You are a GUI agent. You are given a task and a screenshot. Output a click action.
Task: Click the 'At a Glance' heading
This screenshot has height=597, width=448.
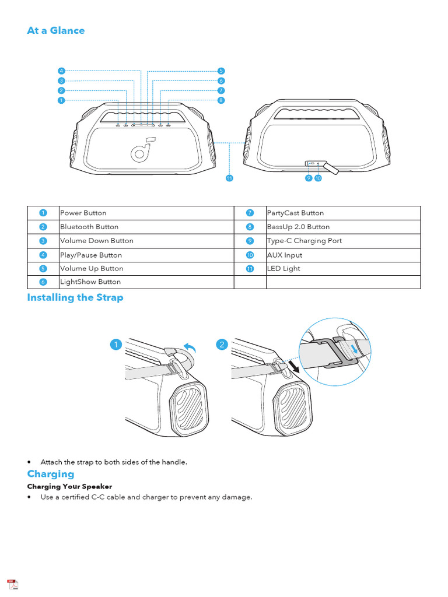click(x=56, y=30)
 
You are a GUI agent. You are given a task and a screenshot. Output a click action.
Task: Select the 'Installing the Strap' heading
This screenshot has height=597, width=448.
click(x=75, y=297)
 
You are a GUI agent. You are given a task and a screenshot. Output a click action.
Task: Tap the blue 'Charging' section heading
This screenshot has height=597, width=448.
click(x=51, y=474)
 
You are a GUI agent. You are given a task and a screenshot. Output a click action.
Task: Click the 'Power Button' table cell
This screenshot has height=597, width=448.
click(x=83, y=213)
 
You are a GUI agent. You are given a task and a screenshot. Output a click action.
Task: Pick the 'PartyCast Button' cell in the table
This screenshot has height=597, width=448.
click(x=295, y=213)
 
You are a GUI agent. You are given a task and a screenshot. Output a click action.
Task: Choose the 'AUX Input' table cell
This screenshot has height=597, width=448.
click(x=285, y=255)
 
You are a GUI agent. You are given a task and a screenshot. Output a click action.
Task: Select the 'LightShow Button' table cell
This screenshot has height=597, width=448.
click(x=90, y=282)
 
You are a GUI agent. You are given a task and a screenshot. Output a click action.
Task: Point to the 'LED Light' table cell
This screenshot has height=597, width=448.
click(x=283, y=269)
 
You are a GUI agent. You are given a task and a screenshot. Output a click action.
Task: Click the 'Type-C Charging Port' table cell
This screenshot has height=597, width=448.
click(x=304, y=241)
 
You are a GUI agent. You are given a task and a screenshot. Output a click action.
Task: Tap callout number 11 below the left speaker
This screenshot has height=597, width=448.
click(x=229, y=178)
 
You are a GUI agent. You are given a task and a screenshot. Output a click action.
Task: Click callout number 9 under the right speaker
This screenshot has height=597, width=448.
click(x=309, y=178)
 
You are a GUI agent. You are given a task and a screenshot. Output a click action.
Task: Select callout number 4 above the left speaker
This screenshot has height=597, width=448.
click(x=61, y=71)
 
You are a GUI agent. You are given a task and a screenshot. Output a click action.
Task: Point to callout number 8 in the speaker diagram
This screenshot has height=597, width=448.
click(x=221, y=100)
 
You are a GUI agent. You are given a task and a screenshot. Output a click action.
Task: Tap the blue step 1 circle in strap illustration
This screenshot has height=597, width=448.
click(x=117, y=345)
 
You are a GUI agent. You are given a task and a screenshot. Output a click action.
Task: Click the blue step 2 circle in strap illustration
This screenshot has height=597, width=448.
click(x=222, y=345)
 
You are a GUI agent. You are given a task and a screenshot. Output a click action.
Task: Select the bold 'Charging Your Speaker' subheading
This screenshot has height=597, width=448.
click(x=69, y=486)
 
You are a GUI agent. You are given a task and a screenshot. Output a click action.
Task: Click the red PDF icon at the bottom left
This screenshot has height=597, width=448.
click(x=12, y=585)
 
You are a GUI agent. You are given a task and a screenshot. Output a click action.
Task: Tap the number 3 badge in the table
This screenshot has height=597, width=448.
click(x=43, y=241)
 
